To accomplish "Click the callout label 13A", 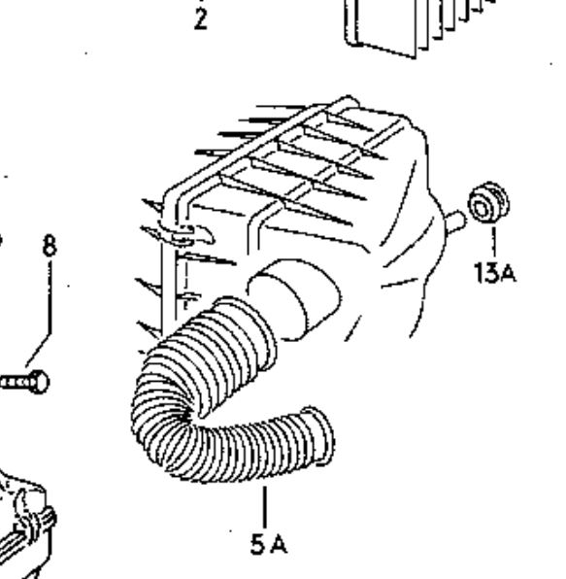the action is click(495, 273).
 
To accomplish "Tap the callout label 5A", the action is click(268, 544).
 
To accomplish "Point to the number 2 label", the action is click(201, 18).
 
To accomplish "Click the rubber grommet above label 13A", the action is click(488, 202).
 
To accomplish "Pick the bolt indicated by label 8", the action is click(24, 382).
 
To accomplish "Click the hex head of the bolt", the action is click(39, 382).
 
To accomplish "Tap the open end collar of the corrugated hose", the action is click(318, 435).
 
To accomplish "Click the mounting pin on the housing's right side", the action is click(454, 221).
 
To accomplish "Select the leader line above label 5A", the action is click(264, 507).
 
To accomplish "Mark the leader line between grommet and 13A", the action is click(494, 242).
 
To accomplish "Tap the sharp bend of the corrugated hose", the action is click(166, 418).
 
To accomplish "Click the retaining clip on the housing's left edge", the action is click(184, 235).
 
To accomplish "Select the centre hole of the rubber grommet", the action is click(482, 209).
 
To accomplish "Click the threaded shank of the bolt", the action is click(15, 383).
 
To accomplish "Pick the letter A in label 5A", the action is click(279, 545).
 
